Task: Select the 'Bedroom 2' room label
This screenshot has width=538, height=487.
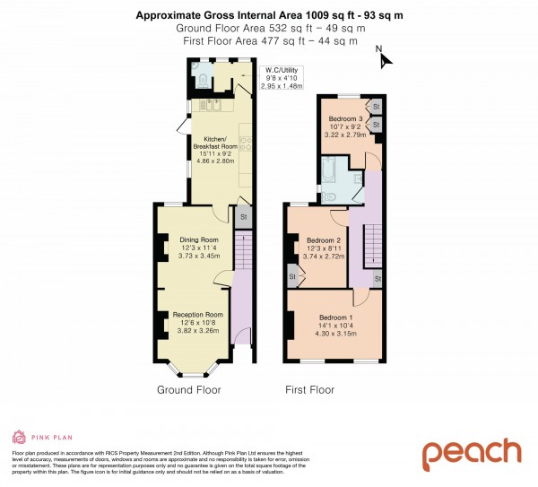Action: tap(324, 241)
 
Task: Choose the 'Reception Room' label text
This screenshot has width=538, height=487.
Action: tap(198, 315)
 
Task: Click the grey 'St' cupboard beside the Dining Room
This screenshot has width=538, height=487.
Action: tap(242, 216)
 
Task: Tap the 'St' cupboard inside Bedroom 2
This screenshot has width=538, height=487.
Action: tap(292, 278)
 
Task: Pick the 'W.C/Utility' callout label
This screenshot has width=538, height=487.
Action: tap(281, 71)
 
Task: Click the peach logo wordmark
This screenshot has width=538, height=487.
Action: tap(471, 453)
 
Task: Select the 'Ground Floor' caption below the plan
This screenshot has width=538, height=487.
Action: tap(189, 390)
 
